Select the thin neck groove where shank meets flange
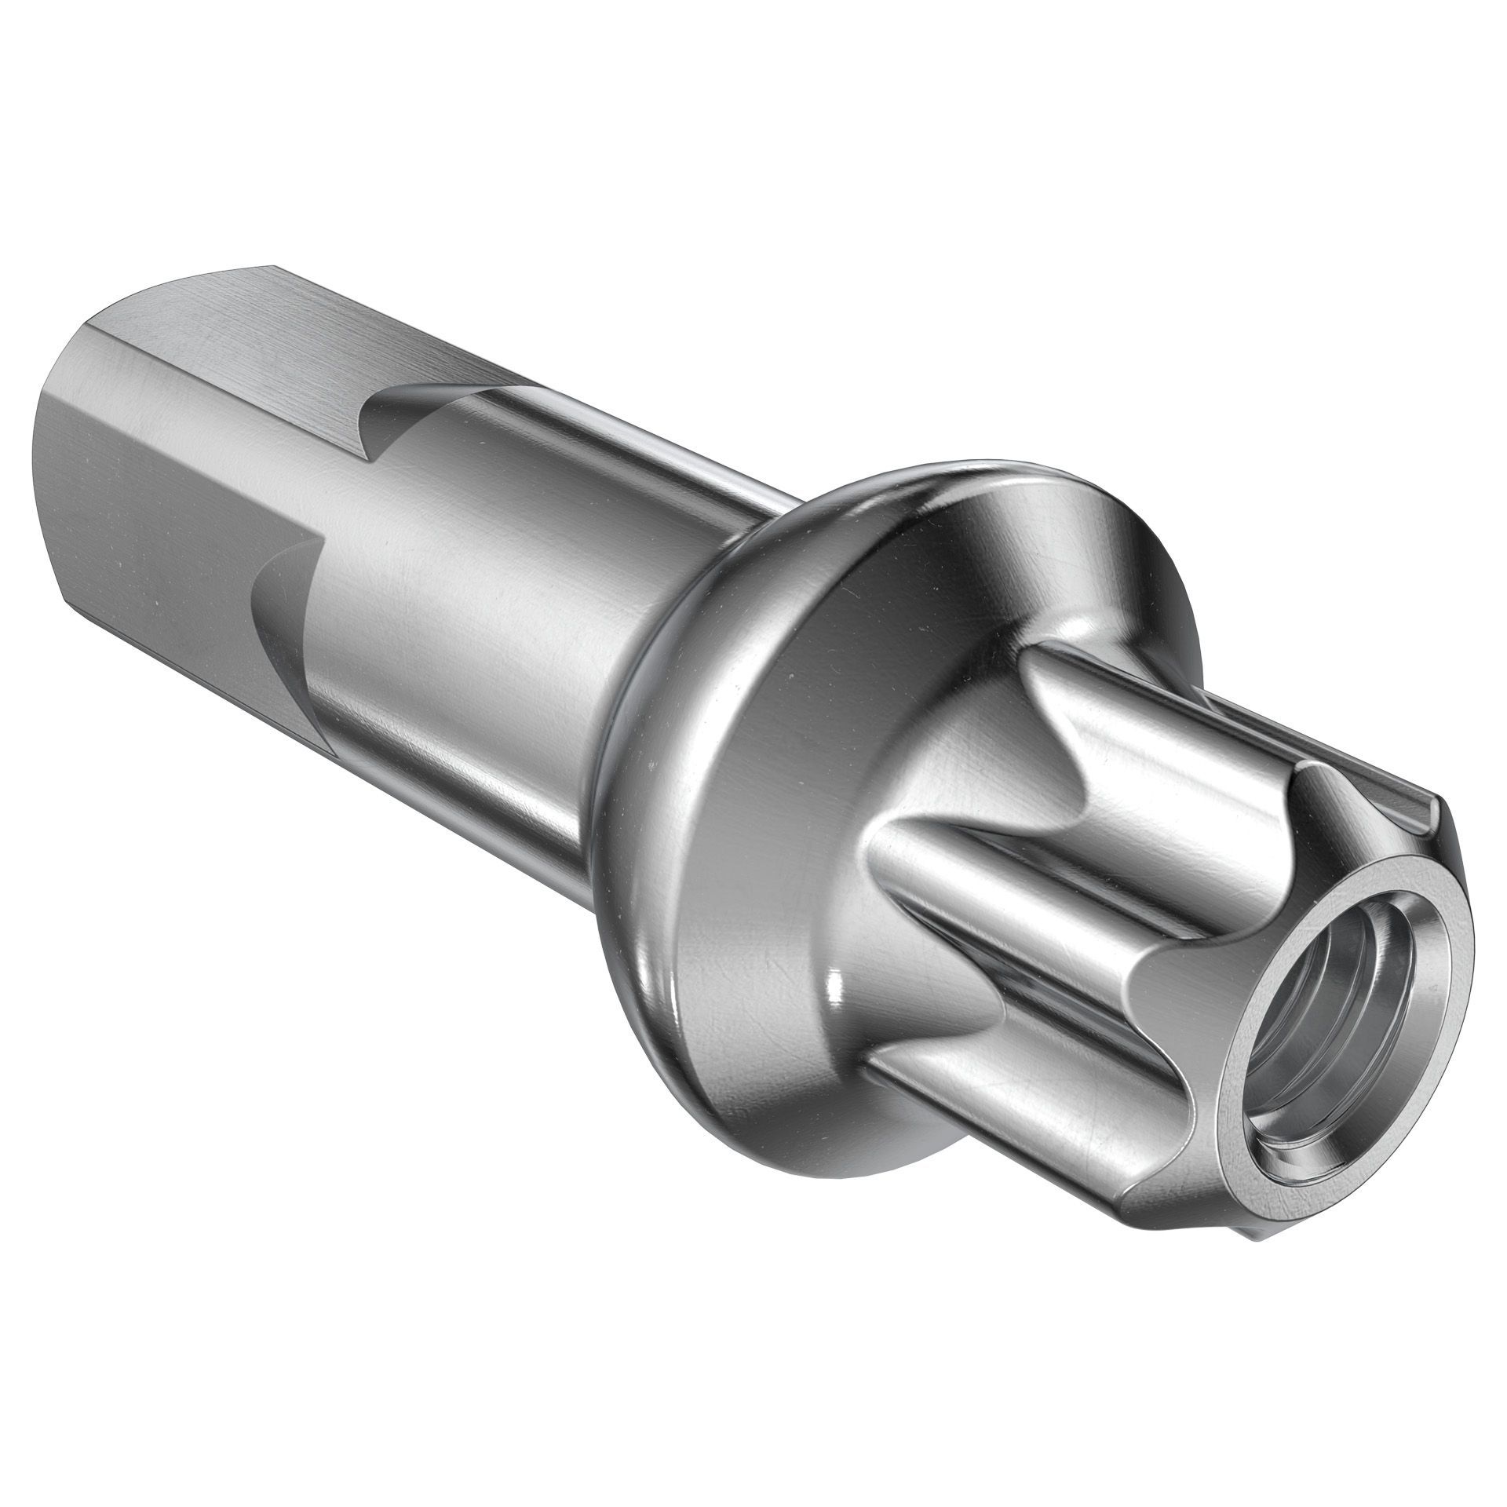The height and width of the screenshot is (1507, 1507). tap(628, 706)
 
